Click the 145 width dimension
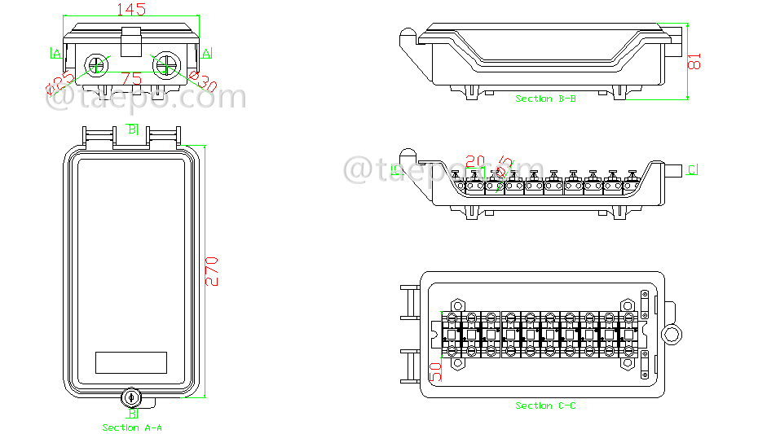131,10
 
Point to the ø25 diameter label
59,82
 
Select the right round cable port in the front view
166,64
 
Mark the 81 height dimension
695,61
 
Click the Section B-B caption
545,99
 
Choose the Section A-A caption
132,427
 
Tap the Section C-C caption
545,406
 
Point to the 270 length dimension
212,271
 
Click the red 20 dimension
475,160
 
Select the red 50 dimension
435,371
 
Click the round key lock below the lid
132,398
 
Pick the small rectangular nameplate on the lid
131,362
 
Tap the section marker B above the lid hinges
132,129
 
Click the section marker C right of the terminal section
692,169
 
